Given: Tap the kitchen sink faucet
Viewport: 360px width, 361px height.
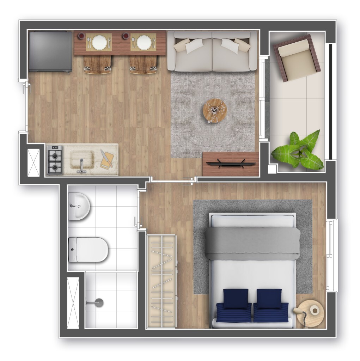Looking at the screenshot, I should tap(81, 166).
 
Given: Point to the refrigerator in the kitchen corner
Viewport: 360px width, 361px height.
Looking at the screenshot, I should tap(50, 51).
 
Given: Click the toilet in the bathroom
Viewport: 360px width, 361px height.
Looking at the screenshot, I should tap(88, 250).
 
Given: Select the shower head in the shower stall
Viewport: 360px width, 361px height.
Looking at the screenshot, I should tap(99, 302).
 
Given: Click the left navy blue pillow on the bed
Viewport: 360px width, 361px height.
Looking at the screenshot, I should tap(236, 298).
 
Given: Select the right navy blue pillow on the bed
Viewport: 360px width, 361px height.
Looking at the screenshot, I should tap(269, 298).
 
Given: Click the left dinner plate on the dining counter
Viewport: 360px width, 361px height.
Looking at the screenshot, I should tap(99, 43).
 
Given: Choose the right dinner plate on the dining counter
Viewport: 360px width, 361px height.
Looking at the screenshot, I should tap(144, 43).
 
